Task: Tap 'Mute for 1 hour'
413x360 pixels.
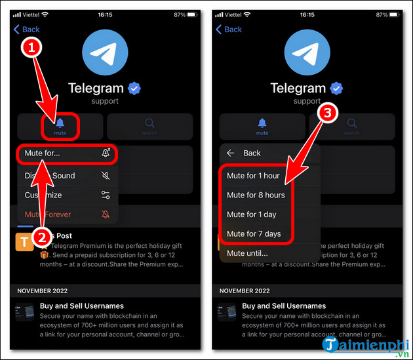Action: tap(253, 176)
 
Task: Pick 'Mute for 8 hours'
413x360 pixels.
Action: tap(256, 195)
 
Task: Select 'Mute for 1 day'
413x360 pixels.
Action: tap(252, 214)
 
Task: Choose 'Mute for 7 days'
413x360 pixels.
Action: tap(254, 233)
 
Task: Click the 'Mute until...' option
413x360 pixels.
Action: tap(247, 253)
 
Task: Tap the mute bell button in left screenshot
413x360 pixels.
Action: tap(60, 125)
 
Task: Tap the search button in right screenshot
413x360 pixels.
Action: tap(351, 125)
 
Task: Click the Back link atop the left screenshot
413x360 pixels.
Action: tap(27, 29)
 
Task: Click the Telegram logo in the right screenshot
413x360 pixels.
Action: tap(307, 54)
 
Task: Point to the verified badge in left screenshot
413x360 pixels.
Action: tap(135, 88)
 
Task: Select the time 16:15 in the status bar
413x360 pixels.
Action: tap(105, 14)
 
